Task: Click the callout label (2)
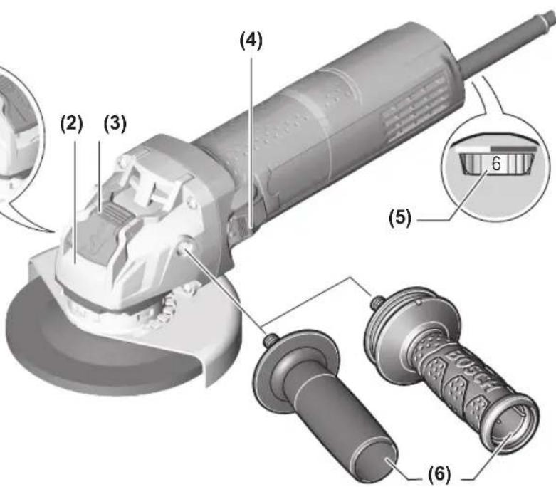coord(72,125)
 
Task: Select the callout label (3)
coord(115,125)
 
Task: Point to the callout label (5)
coord(400,217)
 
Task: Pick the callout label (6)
coord(440,474)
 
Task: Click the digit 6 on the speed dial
coord(496,164)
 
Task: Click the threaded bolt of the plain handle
coord(270,341)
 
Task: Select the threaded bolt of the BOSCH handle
coord(377,302)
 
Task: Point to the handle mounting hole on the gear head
coord(184,248)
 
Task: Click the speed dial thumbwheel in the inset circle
coord(496,164)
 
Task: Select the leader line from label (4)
coord(251,142)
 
